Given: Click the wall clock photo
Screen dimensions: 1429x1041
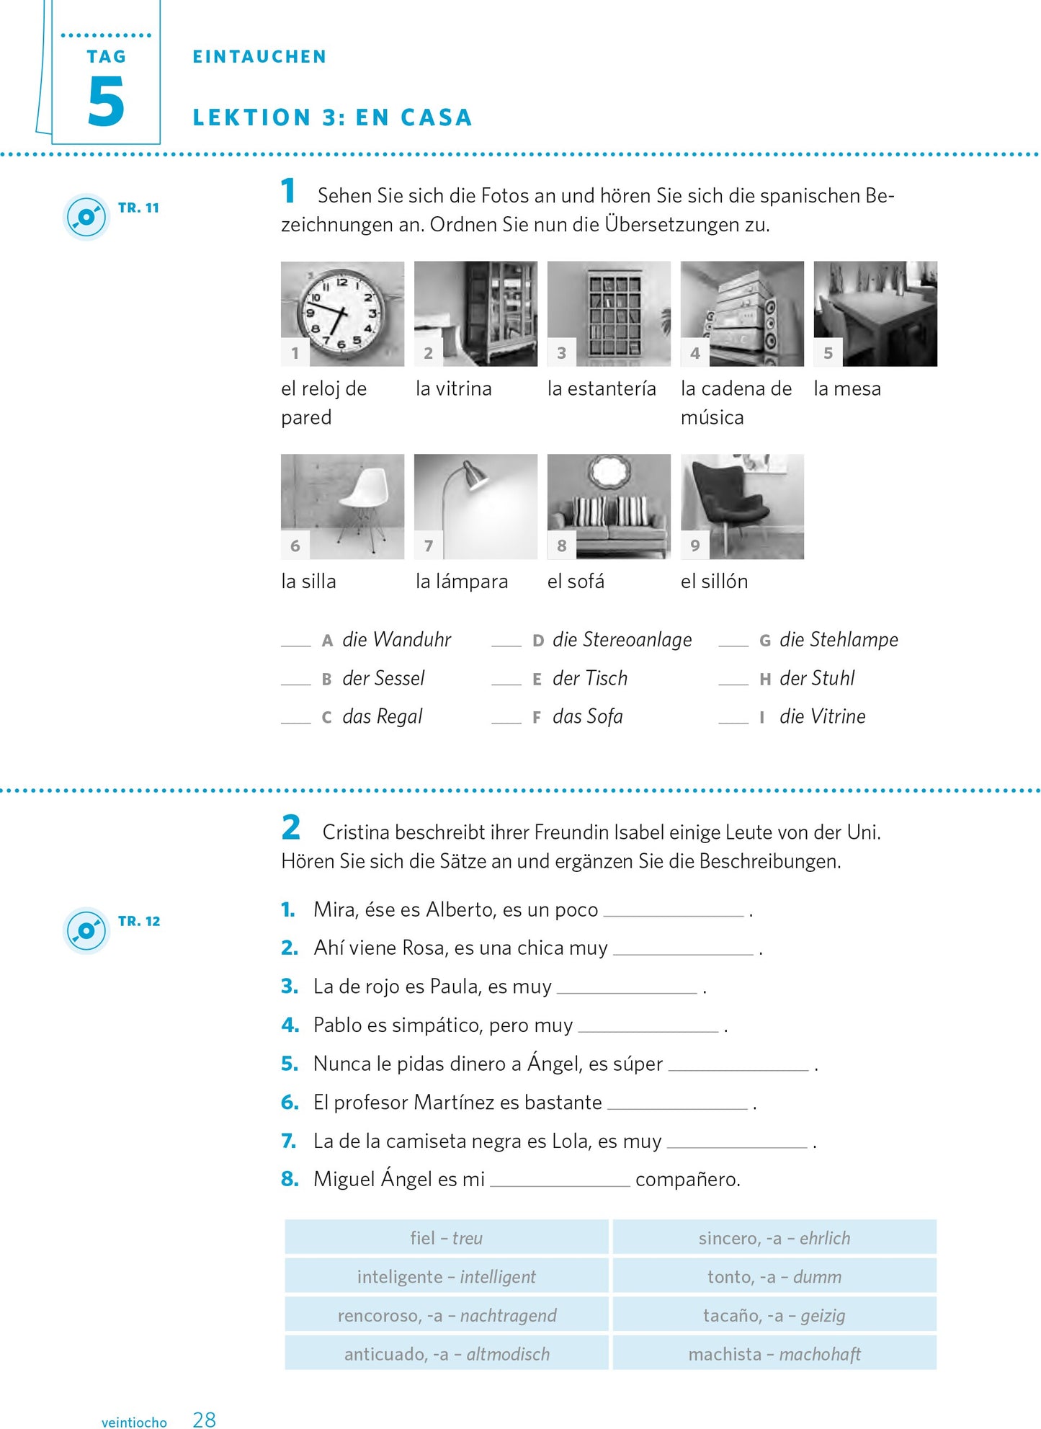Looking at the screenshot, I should tap(342, 313).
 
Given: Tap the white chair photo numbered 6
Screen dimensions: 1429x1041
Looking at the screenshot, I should tap(342, 506).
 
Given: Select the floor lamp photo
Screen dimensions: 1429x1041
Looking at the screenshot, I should tap(475, 506).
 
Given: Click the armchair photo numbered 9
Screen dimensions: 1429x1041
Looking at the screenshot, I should tap(742, 506).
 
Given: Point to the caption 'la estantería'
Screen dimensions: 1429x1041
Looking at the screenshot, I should tap(602, 389).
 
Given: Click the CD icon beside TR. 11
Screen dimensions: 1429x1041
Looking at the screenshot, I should tap(86, 217).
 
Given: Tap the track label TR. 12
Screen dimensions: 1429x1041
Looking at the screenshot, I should tap(139, 921).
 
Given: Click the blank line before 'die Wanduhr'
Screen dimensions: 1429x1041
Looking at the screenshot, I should tap(295, 641).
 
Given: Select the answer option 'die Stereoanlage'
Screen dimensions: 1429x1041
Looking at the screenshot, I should tap(622, 640).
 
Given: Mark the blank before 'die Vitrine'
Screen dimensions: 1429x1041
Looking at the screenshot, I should tap(733, 718).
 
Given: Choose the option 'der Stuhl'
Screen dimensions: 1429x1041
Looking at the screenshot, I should tap(817, 679).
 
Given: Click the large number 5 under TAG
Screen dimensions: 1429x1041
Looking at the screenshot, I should tap(106, 102).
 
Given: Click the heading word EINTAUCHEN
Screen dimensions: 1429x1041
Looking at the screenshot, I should tap(259, 57).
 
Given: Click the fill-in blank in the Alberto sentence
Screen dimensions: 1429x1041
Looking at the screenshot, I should tap(673, 912).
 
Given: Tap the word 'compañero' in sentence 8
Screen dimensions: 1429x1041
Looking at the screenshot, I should tap(687, 1180).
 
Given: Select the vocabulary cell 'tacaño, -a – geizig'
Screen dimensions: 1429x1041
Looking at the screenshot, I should tap(774, 1316).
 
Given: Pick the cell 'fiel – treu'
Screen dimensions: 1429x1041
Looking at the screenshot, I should tap(447, 1238).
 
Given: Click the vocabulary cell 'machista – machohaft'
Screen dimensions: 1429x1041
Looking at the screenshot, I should tap(774, 1355).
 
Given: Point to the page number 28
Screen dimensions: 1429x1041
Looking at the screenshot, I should tap(204, 1420).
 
